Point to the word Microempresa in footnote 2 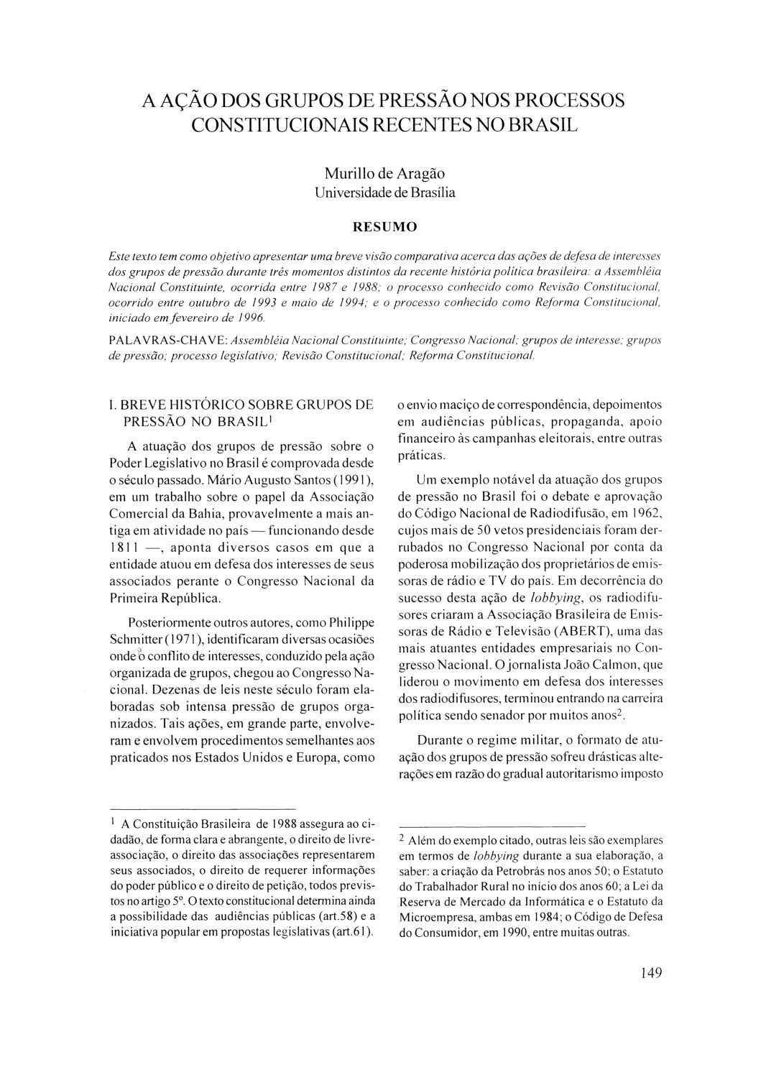[x=438, y=918]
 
